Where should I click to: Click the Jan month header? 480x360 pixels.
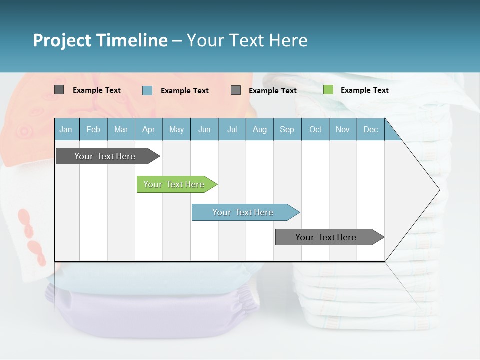pyautogui.click(x=66, y=129)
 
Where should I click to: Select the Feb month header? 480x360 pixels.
pyautogui.click(x=93, y=129)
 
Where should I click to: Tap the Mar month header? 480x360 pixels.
pyautogui.click(x=121, y=129)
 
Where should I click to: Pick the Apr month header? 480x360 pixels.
pyautogui.click(x=148, y=129)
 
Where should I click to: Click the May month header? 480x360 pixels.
pyautogui.click(x=176, y=129)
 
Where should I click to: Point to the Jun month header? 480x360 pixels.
pyautogui.click(x=204, y=129)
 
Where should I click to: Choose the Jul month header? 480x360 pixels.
pyautogui.click(x=232, y=129)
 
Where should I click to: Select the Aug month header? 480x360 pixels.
pyautogui.click(x=260, y=129)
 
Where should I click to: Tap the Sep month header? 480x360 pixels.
pyautogui.click(x=287, y=129)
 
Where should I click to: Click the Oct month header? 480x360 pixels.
pyautogui.click(x=315, y=129)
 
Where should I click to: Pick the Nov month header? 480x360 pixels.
pyautogui.click(x=343, y=129)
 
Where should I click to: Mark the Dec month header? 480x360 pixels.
pyautogui.click(x=371, y=129)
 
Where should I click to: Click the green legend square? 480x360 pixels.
pyautogui.click(x=328, y=90)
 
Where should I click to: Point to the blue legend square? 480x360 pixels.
pyautogui.click(x=147, y=90)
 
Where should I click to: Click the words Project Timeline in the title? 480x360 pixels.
pyautogui.click(x=100, y=40)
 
